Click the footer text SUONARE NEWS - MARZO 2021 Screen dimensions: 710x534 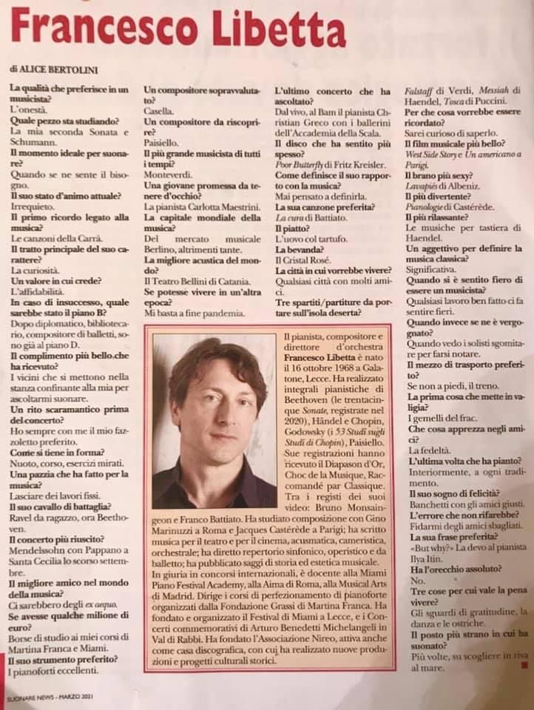tap(50, 699)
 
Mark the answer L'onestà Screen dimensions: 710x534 tap(28, 110)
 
